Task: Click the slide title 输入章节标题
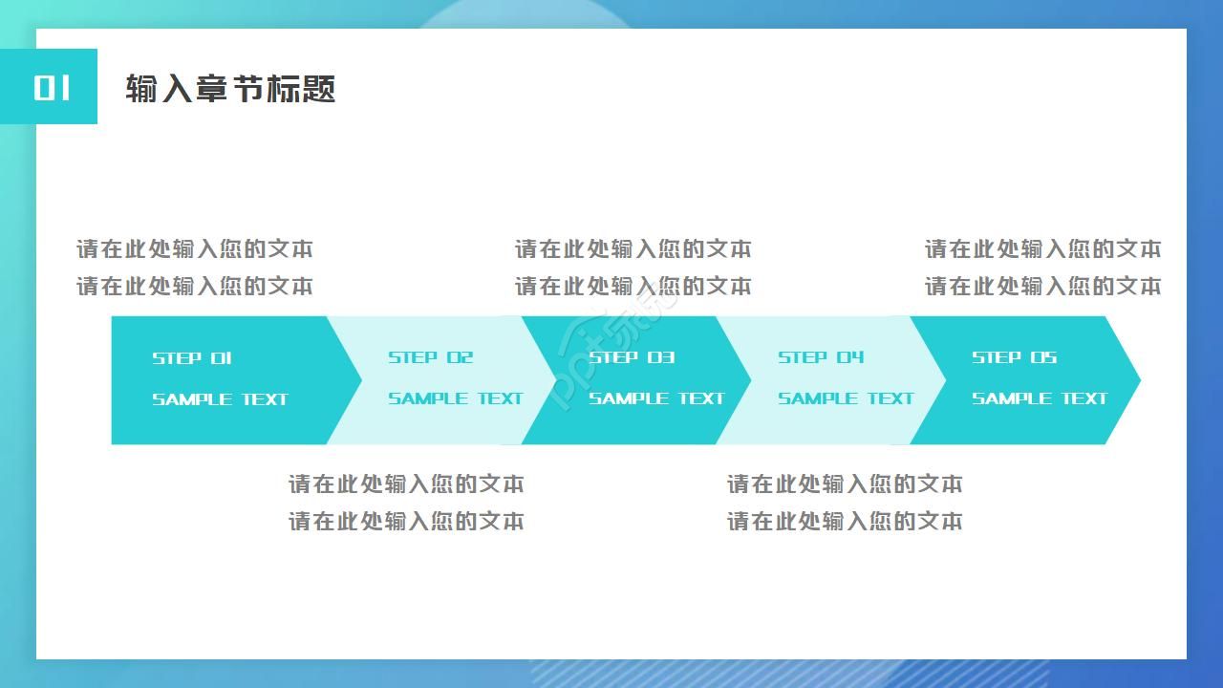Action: [x=230, y=89]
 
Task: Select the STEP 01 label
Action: [x=192, y=358]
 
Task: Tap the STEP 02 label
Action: [x=430, y=357]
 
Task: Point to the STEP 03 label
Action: [x=632, y=357]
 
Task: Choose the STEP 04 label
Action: [x=821, y=357]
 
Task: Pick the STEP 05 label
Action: [x=1014, y=357]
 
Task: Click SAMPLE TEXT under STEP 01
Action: [x=220, y=399]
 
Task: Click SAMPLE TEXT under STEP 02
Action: [x=456, y=398]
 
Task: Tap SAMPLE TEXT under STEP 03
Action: [x=656, y=398]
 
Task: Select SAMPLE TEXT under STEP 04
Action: [x=846, y=398]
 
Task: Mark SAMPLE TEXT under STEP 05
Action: [x=1040, y=398]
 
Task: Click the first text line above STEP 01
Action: [x=195, y=249]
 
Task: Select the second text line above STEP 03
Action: [x=633, y=286]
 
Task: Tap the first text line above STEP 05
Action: [x=1042, y=249]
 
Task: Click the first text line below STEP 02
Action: [x=406, y=484]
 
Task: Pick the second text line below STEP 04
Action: [x=845, y=521]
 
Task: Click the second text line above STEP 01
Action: [x=195, y=286]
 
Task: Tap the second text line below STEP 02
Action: [x=406, y=521]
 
